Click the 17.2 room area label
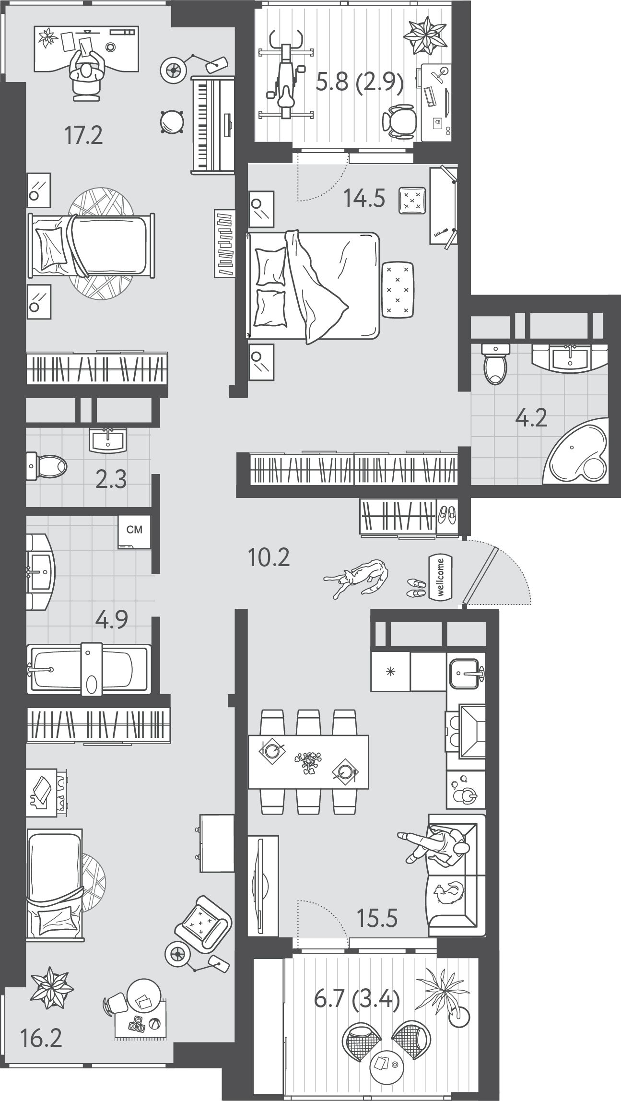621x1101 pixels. tap(84, 136)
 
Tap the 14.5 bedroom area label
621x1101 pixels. tap(364, 198)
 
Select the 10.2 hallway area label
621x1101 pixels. tap(269, 557)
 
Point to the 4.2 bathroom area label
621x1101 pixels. tap(531, 418)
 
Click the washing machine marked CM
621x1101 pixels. tap(134, 532)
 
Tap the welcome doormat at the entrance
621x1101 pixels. tap(441, 578)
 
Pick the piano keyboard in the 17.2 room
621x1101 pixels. tap(212, 124)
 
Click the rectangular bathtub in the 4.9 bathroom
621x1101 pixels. tap(89, 669)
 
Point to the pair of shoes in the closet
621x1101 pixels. tap(446, 515)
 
